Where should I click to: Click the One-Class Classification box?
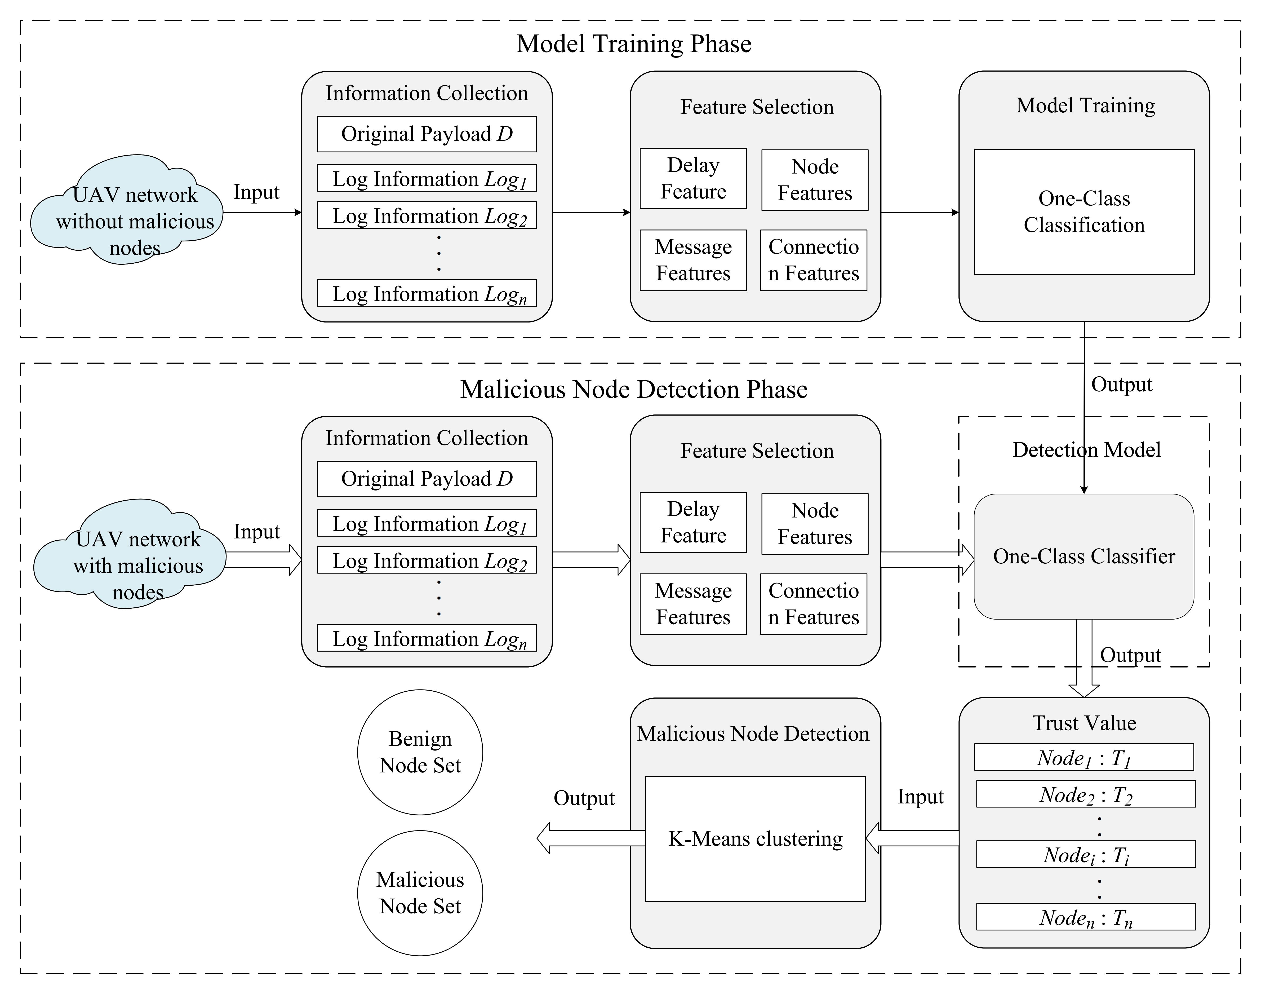[x=1084, y=212]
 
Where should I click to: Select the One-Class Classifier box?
[x=1084, y=556]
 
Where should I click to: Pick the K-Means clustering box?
[x=755, y=839]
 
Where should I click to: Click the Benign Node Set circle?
[x=420, y=752]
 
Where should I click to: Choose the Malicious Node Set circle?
[x=420, y=893]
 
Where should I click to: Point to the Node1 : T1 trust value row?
[x=1084, y=757]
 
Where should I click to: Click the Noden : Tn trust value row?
[x=1085, y=917]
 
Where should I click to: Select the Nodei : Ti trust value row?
[x=1085, y=854]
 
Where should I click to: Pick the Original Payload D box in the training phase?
[x=426, y=134]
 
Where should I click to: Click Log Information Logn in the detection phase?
[x=426, y=638]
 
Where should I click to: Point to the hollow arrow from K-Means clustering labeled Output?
[x=588, y=838]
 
